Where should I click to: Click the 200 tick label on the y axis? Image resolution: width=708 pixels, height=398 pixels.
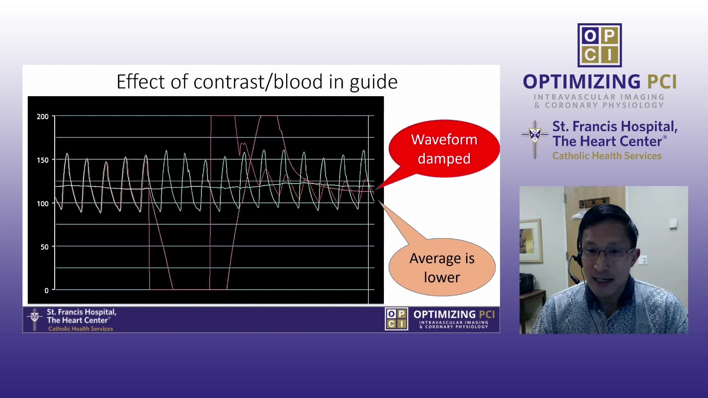coord(42,116)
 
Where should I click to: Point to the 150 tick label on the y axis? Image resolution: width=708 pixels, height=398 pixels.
coord(42,160)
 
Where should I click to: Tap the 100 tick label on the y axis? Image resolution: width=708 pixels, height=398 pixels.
coord(42,203)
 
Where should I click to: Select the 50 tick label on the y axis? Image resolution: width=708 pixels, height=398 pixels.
coord(44,247)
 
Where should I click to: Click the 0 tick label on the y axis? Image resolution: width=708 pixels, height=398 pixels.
coord(46,290)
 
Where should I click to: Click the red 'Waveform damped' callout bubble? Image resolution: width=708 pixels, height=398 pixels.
coord(444,149)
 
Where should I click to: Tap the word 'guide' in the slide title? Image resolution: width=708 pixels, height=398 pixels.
coord(374,82)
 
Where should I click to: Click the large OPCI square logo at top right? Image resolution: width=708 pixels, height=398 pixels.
coord(600,45)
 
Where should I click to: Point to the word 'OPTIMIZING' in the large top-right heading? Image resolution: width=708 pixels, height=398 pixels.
coord(582,81)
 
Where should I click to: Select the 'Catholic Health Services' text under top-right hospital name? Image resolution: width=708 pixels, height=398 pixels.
coord(607,156)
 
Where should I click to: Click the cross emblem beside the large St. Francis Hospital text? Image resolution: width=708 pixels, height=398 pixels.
coord(535,140)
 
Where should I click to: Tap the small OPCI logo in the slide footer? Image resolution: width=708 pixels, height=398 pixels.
coord(396,319)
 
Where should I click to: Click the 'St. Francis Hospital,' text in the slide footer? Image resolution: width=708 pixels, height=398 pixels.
coord(81,312)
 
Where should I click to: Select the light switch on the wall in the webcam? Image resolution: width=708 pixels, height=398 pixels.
coord(673,223)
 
